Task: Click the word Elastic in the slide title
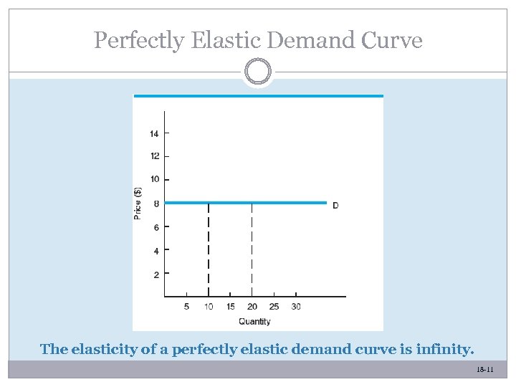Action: pyautogui.click(x=221, y=40)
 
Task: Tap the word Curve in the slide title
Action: pyautogui.click(x=393, y=40)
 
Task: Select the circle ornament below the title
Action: pyautogui.click(x=258, y=72)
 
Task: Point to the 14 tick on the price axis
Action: pyautogui.click(x=155, y=133)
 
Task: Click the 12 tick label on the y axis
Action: pyautogui.click(x=155, y=156)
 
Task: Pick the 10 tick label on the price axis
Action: pyautogui.click(x=155, y=179)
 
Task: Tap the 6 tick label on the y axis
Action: pyautogui.click(x=157, y=227)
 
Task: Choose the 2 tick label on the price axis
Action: pyautogui.click(x=157, y=274)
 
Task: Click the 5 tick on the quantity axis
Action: pyautogui.click(x=186, y=307)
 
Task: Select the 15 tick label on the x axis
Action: pyautogui.click(x=230, y=307)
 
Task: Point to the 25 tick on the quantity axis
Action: pyautogui.click(x=274, y=307)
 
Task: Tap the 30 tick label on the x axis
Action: pyautogui.click(x=296, y=307)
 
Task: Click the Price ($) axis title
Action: pyautogui.click(x=138, y=203)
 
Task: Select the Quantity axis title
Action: pyautogui.click(x=254, y=321)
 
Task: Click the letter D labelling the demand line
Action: pyautogui.click(x=335, y=206)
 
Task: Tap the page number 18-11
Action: pyautogui.click(x=485, y=369)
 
